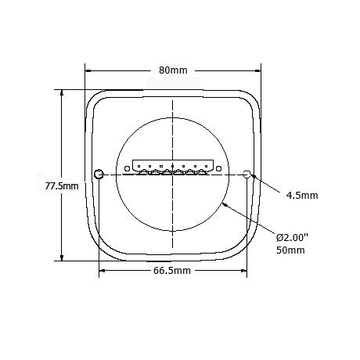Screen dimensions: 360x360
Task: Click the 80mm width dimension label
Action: click(x=173, y=70)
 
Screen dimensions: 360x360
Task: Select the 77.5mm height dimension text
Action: click(x=62, y=186)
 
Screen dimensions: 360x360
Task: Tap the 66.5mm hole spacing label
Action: click(x=172, y=270)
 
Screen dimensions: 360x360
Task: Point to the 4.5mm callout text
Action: click(x=302, y=195)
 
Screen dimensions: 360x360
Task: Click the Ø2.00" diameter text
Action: click(x=293, y=237)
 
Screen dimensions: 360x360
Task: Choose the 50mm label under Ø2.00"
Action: click(x=290, y=250)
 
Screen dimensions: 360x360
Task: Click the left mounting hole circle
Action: click(x=99, y=174)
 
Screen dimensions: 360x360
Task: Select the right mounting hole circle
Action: click(x=247, y=174)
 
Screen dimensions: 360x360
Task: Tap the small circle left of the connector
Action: click(x=127, y=168)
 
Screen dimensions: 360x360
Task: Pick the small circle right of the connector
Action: click(x=219, y=168)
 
